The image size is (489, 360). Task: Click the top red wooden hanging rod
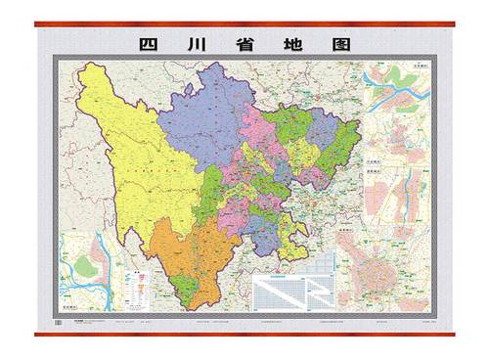coord(244,23)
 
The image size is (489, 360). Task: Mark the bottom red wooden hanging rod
coord(244,336)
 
